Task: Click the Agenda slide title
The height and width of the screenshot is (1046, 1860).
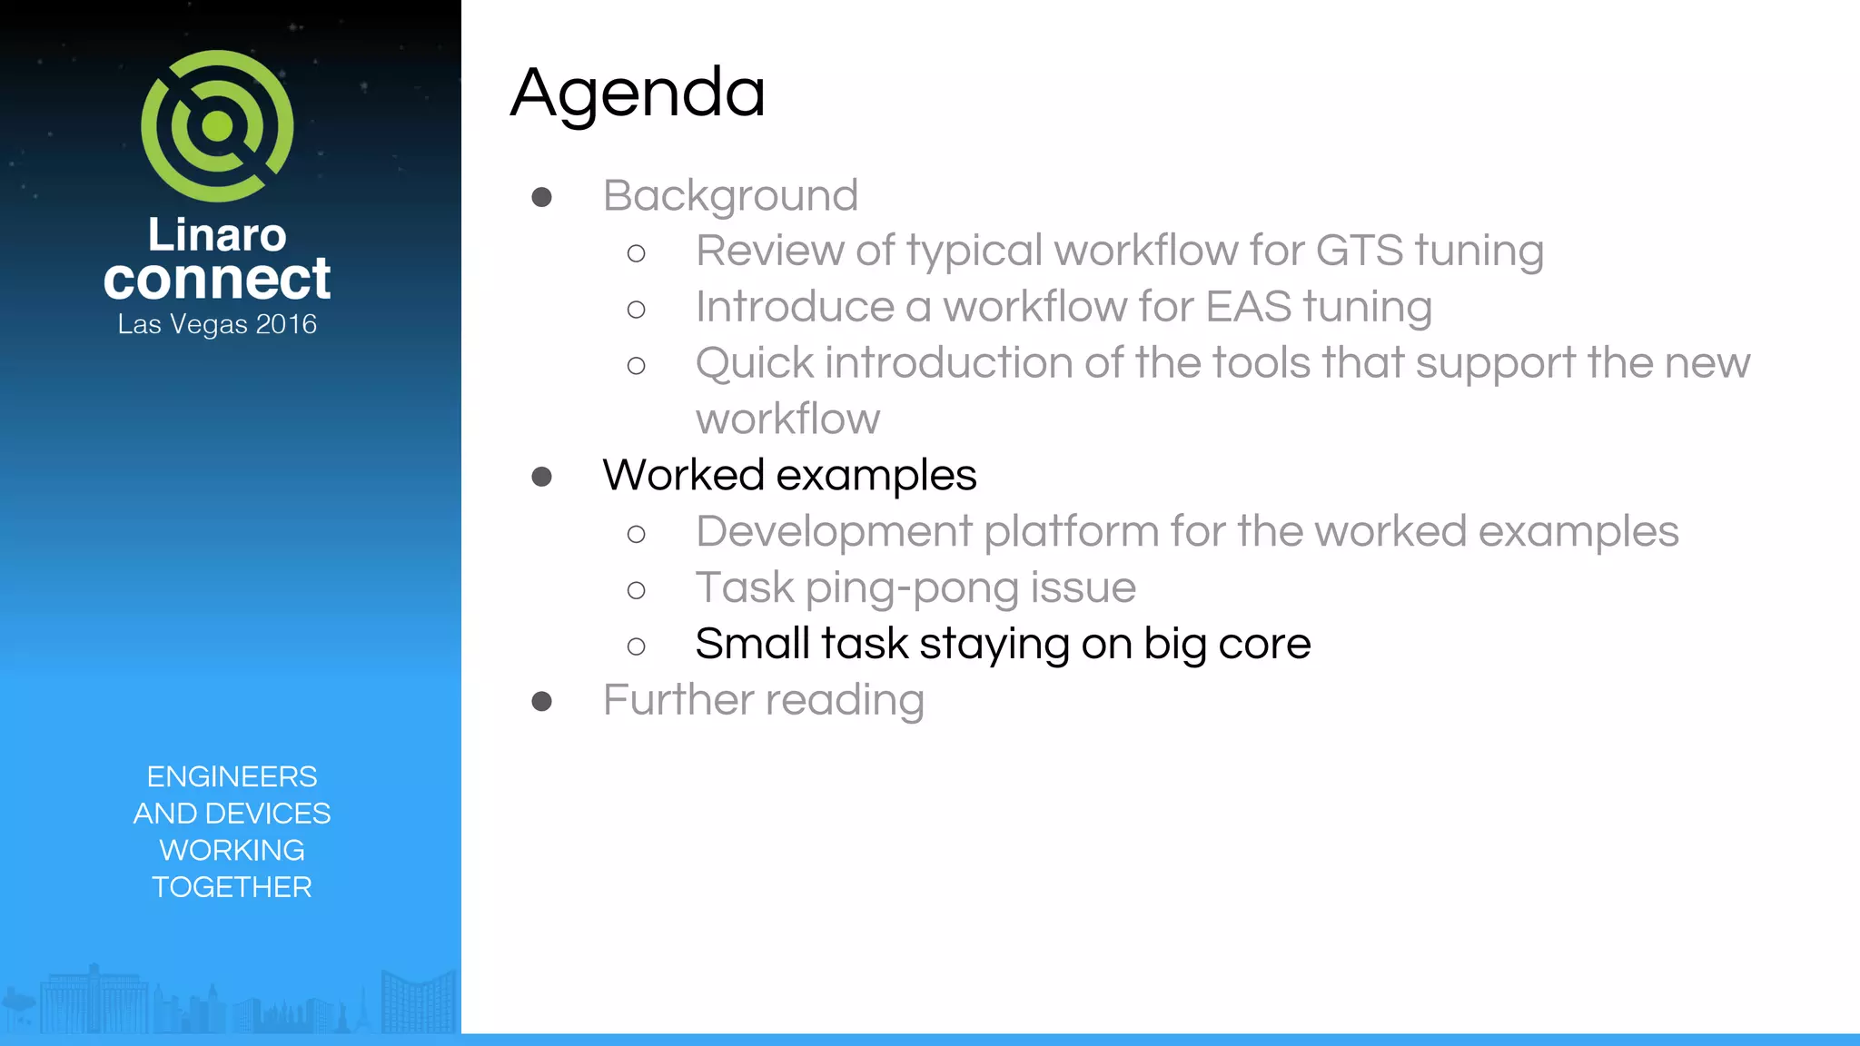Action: pos(638,93)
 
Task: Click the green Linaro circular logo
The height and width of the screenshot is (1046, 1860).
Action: pos(217,126)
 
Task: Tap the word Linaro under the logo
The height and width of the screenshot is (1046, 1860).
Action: pos(217,234)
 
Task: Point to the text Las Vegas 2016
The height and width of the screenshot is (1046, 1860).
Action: pos(217,324)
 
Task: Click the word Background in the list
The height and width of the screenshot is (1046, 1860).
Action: pos(730,195)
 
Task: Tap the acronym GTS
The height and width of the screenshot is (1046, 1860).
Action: pos(1359,251)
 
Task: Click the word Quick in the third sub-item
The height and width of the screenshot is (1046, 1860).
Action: pos(754,363)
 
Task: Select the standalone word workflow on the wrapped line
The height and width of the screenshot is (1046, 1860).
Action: pos(787,419)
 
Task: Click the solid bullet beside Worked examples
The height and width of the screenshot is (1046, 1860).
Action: pos(542,477)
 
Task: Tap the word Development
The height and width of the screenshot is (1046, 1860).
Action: pos(834,531)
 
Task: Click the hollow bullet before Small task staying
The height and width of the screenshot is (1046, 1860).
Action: pos(636,646)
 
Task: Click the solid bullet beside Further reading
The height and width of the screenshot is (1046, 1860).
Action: pos(542,701)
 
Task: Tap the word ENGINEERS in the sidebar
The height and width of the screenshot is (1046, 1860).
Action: pos(232,776)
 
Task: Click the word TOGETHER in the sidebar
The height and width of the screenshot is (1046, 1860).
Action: pos(232,887)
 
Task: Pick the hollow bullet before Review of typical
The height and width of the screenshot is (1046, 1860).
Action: pos(636,253)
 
